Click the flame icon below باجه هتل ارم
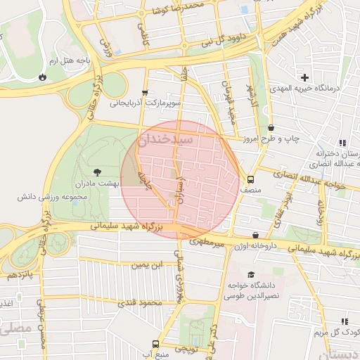tap(44, 76)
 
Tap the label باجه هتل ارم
tap(70, 61)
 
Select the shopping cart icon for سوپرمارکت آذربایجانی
tap(145, 92)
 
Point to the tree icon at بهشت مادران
tap(97, 171)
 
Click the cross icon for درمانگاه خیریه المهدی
tap(304, 77)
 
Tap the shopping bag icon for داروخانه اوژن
tap(255, 235)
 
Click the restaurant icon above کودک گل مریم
tap(345, 321)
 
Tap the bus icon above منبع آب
tap(155, 344)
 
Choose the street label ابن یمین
tap(148, 265)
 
